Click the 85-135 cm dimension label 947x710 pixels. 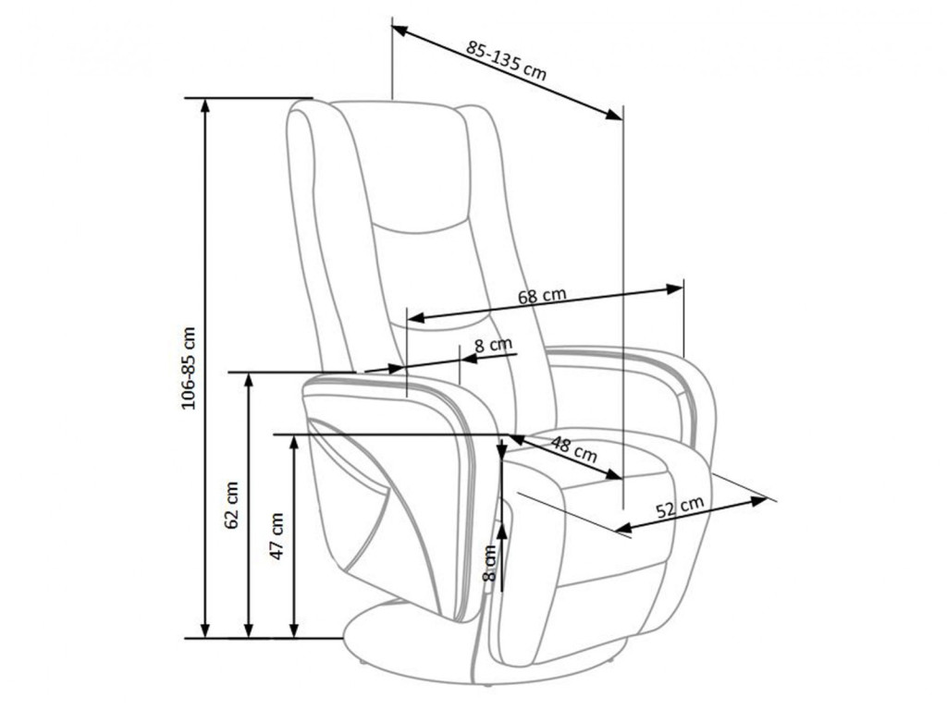[506, 60]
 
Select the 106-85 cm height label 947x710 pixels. [189, 368]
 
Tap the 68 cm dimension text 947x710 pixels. [542, 296]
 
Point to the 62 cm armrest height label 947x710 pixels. [232, 505]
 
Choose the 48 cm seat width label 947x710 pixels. [573, 449]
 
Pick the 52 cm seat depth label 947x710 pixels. [680, 506]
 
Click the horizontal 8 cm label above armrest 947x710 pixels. [493, 346]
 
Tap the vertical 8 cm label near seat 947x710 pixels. [490, 563]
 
